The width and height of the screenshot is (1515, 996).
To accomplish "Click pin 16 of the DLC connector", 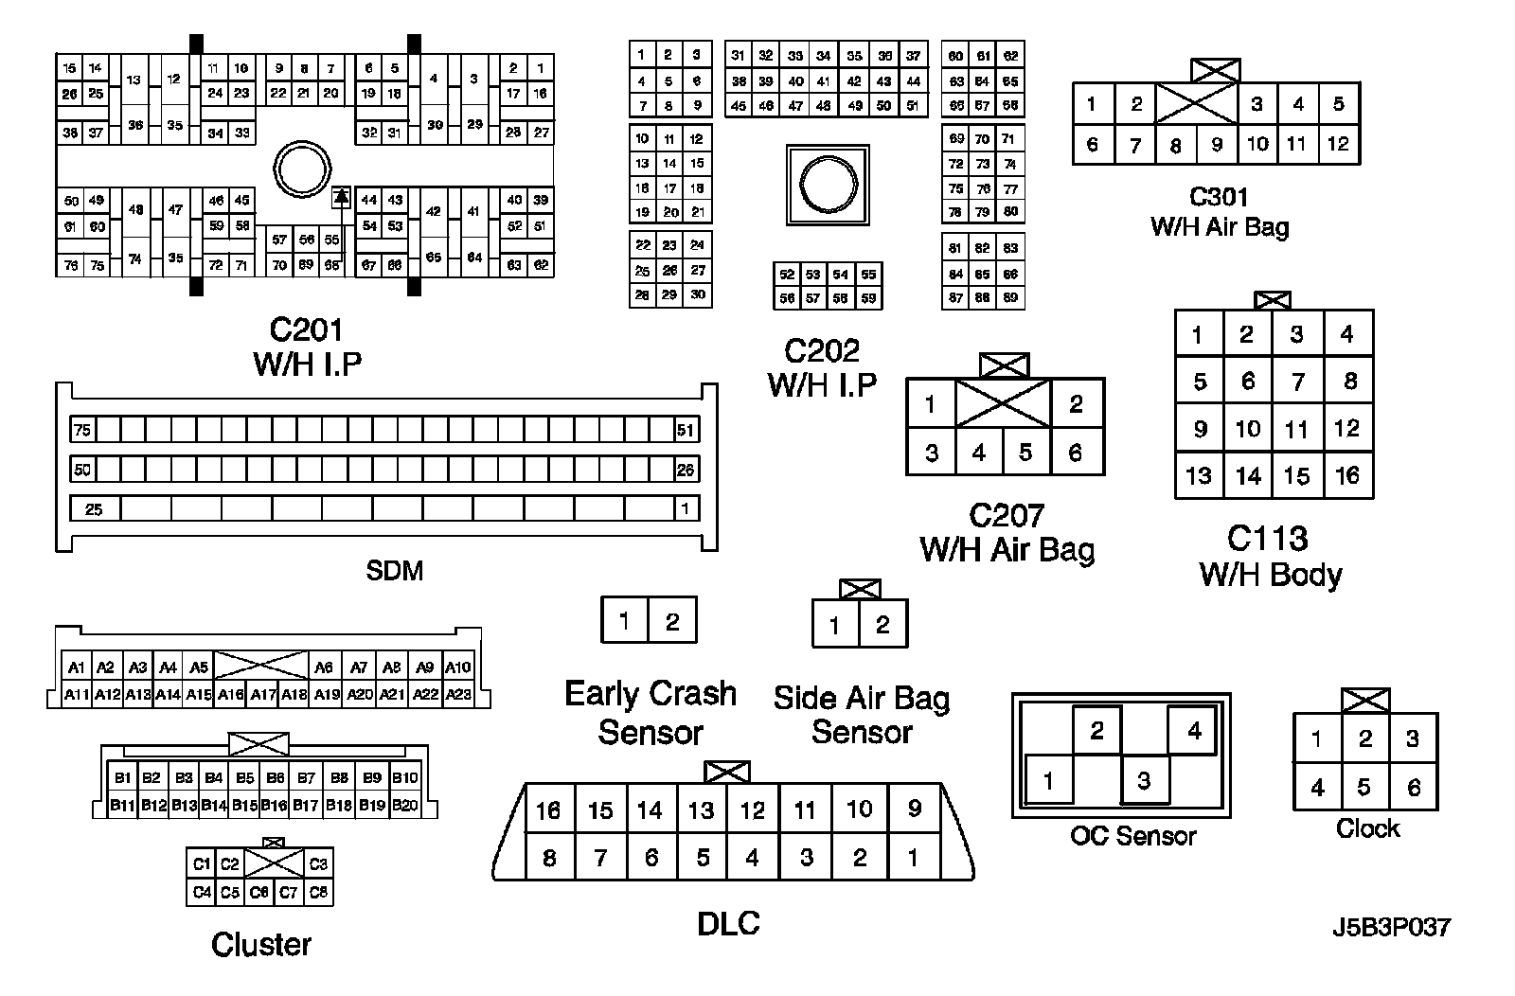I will pyautogui.click(x=548, y=810).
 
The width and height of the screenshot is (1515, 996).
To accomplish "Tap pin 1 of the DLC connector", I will pyautogui.click(x=913, y=859).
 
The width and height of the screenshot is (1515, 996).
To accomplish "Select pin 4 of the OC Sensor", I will pyautogui.click(x=1194, y=730).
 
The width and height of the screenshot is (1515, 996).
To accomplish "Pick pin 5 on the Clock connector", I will pyautogui.click(x=1364, y=787).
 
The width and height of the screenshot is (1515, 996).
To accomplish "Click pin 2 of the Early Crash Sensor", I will pyautogui.click(x=672, y=621).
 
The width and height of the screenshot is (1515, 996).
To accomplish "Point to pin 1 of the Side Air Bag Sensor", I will pyautogui.click(x=834, y=626).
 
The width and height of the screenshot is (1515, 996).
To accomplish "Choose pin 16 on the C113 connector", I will pyautogui.click(x=1347, y=475).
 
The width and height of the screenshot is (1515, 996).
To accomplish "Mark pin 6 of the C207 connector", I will pyautogui.click(x=1076, y=453).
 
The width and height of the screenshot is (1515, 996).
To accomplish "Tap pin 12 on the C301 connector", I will pyautogui.click(x=1338, y=144).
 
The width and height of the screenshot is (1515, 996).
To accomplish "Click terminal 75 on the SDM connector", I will pyautogui.click(x=82, y=431).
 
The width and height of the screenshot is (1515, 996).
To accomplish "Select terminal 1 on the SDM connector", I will pyautogui.click(x=686, y=509).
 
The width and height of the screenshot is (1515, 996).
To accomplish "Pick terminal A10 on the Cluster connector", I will pyautogui.click(x=458, y=667).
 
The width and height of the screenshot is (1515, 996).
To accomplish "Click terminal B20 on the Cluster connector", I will pyautogui.click(x=405, y=806).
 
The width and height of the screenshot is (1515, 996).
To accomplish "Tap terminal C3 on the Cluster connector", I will pyautogui.click(x=319, y=863).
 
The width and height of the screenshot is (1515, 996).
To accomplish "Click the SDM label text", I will pyautogui.click(x=394, y=571).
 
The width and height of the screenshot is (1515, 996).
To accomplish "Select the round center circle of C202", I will pyautogui.click(x=828, y=184).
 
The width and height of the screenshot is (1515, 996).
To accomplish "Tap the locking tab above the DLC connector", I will pyautogui.click(x=727, y=772).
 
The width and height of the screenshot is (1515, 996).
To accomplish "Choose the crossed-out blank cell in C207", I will pyautogui.click(x=1003, y=404).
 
